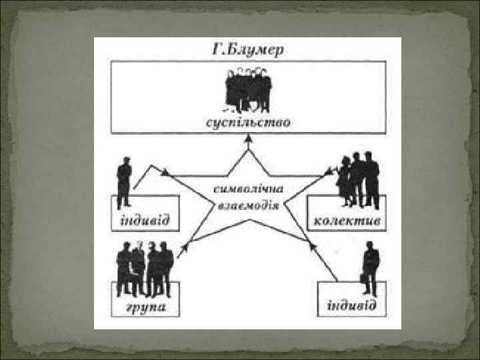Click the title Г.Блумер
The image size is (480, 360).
[x=247, y=49]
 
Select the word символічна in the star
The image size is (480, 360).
[x=247, y=189]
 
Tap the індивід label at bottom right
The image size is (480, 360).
[x=351, y=307]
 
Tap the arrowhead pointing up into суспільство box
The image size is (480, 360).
[x=248, y=138]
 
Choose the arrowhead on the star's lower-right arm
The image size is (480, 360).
[x=311, y=245]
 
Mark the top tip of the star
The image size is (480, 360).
[x=248, y=147]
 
